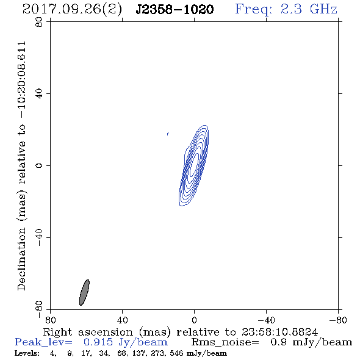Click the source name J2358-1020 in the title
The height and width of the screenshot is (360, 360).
click(175, 9)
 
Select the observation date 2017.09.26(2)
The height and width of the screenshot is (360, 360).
click(72, 10)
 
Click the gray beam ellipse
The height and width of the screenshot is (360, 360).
click(84, 292)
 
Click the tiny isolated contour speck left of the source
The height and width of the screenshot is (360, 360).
click(168, 134)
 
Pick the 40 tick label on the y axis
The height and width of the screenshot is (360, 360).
click(39, 94)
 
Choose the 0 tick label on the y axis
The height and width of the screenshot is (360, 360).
click(39, 165)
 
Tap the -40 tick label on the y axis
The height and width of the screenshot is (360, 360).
click(39, 237)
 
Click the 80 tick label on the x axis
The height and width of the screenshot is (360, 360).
click(50, 320)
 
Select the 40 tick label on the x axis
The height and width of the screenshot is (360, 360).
click(123, 320)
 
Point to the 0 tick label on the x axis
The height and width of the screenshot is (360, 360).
click(194, 320)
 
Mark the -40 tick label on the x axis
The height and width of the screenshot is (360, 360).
click(266, 320)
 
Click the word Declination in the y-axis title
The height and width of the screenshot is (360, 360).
click(21, 259)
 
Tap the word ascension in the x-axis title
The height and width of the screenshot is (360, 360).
click(106, 332)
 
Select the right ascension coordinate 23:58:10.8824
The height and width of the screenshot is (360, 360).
click(279, 332)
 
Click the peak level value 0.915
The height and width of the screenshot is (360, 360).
click(98, 342)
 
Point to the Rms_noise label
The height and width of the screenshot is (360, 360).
click(225, 342)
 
